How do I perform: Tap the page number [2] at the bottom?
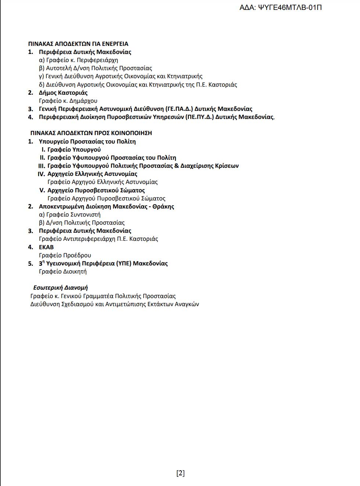tap(180, 473)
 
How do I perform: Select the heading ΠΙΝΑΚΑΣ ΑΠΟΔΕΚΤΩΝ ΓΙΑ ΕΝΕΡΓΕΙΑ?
tap(78, 44)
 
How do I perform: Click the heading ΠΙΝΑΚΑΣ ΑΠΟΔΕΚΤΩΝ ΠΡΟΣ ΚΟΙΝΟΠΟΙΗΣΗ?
tap(91, 133)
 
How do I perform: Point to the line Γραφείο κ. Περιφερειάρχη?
tap(79, 60)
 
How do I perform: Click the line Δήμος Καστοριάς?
tap(63, 93)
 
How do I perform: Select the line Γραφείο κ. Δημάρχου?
tap(68, 101)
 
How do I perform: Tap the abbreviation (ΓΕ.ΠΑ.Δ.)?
tap(179, 109)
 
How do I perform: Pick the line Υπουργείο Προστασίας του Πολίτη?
tap(87, 141)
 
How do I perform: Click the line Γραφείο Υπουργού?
tap(74, 149)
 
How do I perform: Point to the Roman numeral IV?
tap(41, 174)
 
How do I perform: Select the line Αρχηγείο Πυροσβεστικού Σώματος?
tap(96, 190)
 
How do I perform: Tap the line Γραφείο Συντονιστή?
tap(70, 214)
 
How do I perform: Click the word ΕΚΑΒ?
tap(46, 247)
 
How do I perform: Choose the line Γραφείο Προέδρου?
tap(65, 255)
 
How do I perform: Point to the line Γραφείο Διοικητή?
tap(63, 271)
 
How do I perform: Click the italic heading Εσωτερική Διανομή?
tap(61, 288)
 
